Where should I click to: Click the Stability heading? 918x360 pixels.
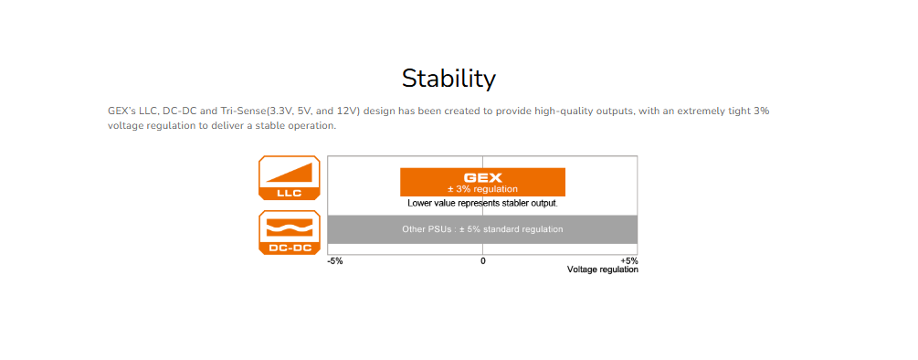click(449, 79)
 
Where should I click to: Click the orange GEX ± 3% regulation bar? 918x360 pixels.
click(482, 182)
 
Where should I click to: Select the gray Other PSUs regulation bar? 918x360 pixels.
click(482, 229)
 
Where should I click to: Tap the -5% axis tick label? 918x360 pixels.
click(335, 261)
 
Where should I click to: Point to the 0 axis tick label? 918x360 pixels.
click(483, 261)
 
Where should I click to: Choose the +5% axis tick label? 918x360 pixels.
click(628, 261)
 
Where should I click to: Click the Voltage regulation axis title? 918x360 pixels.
click(603, 270)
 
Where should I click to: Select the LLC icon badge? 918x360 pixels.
click(290, 178)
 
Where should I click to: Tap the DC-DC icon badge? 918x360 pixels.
click(290, 232)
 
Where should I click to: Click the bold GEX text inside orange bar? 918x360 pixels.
click(483, 177)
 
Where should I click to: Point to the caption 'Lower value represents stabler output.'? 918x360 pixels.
click(482, 204)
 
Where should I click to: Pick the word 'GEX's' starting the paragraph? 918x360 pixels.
click(121, 111)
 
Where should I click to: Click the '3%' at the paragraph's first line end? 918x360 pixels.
click(761, 111)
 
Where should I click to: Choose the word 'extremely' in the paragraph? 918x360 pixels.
click(699, 111)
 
